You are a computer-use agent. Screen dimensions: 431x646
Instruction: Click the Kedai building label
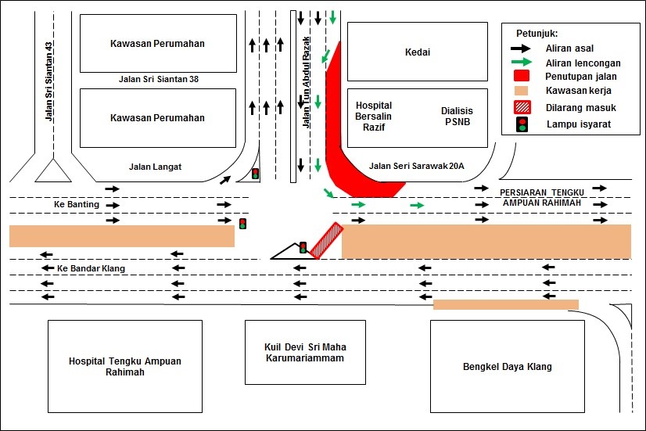click(x=418, y=53)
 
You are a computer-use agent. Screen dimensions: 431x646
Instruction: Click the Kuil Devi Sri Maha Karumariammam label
click(x=304, y=351)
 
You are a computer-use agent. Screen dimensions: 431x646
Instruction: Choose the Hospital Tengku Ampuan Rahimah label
click(x=125, y=367)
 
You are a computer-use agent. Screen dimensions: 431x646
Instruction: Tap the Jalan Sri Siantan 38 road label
click(x=157, y=79)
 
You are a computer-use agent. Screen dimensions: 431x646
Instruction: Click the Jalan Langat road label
click(x=155, y=166)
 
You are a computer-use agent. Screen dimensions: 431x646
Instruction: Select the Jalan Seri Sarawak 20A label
click(x=416, y=166)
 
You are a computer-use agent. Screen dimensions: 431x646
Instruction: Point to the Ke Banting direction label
click(x=77, y=205)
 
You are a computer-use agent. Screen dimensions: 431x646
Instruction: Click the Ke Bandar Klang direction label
click(x=91, y=268)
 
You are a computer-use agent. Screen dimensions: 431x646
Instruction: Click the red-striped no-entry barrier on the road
click(x=326, y=240)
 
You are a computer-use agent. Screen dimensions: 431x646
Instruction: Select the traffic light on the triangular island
click(x=303, y=248)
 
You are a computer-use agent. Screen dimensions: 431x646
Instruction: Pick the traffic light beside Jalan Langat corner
click(x=255, y=174)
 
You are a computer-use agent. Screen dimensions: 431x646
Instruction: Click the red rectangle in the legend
click(x=522, y=77)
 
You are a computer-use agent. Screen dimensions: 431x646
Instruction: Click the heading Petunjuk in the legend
click(x=536, y=34)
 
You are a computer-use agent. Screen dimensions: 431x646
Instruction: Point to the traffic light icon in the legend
click(x=522, y=124)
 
